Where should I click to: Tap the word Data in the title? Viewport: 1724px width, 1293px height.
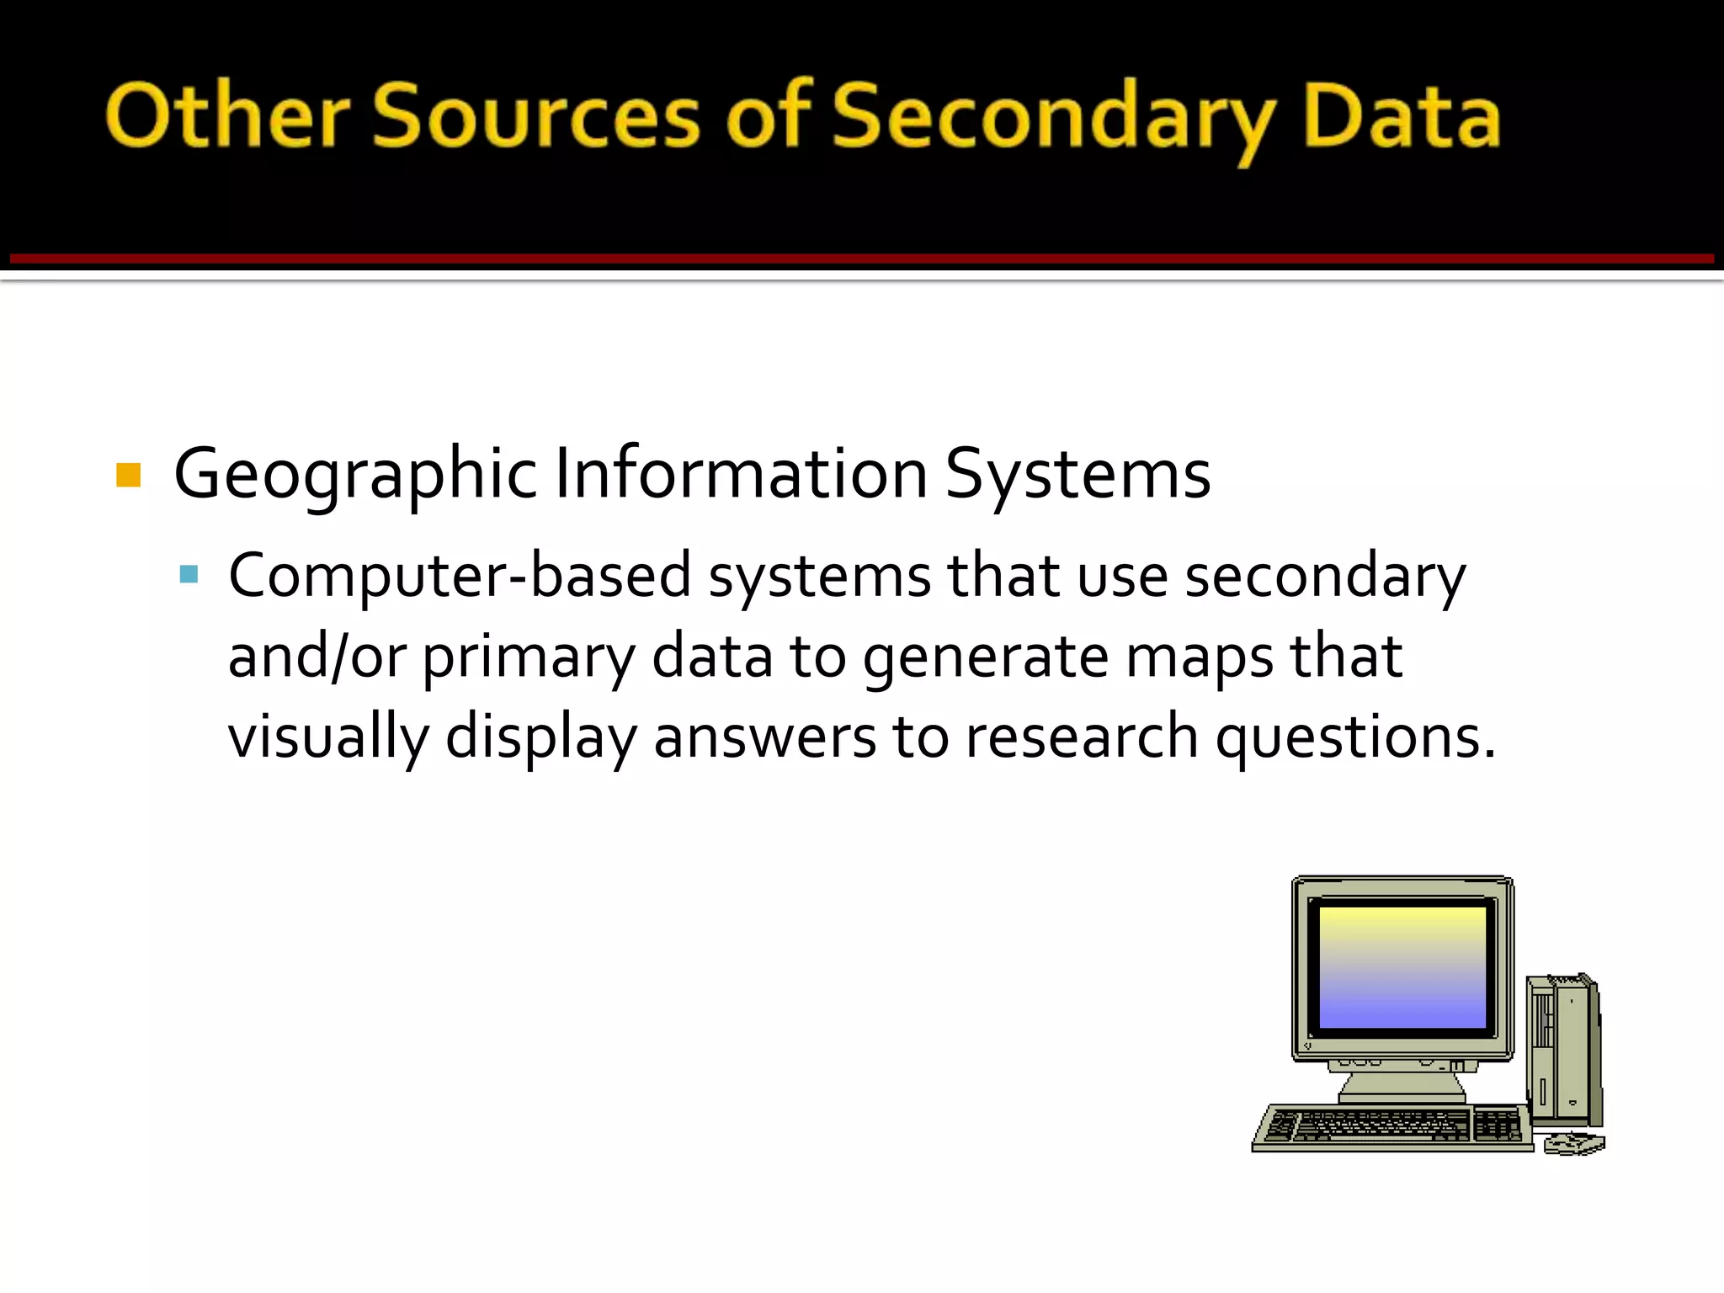coord(1402,118)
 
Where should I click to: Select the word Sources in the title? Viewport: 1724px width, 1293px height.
coord(536,118)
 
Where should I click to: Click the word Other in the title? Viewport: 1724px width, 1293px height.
coord(227,118)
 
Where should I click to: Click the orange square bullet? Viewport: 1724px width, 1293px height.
coord(128,476)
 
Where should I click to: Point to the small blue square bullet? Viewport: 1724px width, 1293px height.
coord(189,575)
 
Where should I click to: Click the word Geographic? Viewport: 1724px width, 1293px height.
coord(354,476)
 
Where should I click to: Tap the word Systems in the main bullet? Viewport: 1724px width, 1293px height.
coord(1077,476)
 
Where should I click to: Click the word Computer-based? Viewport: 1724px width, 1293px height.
coord(460,577)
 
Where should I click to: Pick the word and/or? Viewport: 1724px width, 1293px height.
coord(317,657)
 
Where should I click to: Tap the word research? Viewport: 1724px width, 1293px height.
coord(1082,737)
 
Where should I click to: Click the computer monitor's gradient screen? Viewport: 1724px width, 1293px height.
coord(1402,966)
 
